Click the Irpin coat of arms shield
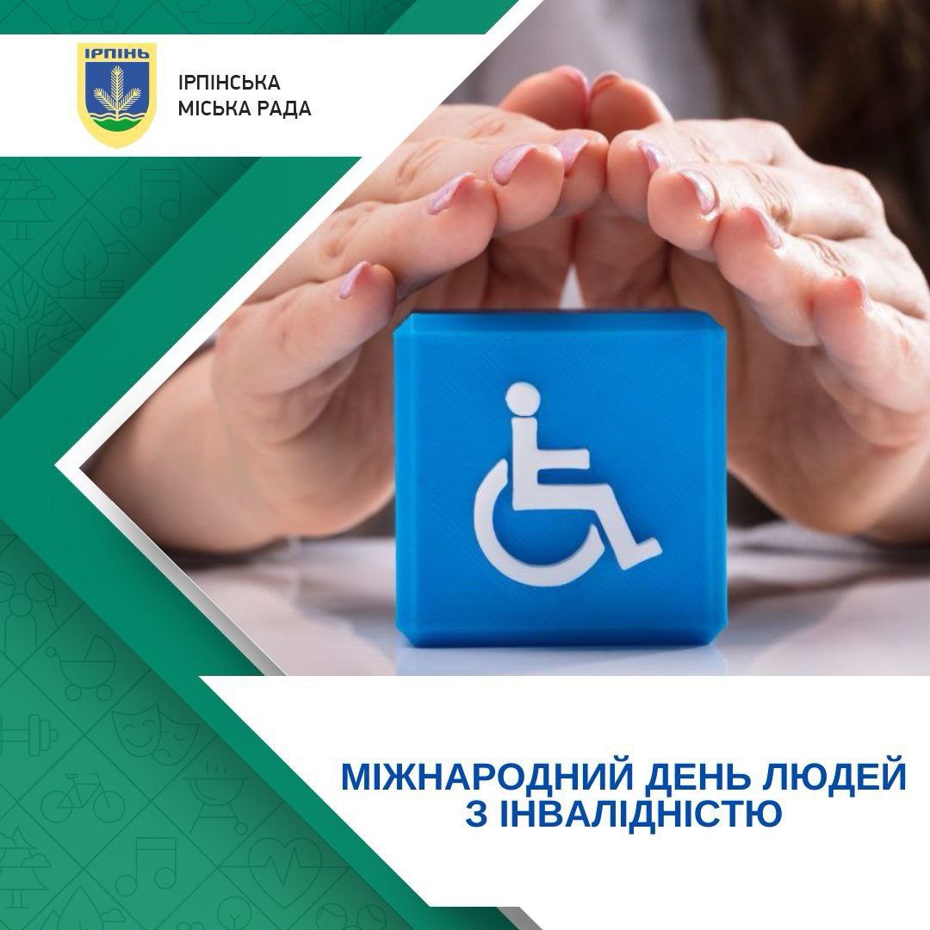(x=117, y=94)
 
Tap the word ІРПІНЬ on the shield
(x=117, y=53)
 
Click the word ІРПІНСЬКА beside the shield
(x=229, y=83)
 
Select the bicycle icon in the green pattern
(x=83, y=797)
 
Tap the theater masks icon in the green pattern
(x=155, y=729)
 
